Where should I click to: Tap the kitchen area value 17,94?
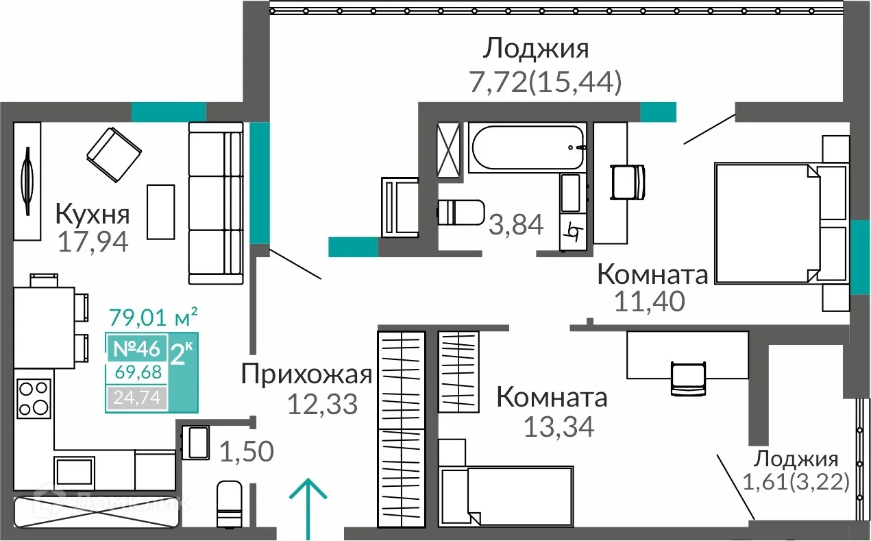(93, 242)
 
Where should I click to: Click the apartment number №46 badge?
(135, 348)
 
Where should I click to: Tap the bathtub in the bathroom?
(527, 147)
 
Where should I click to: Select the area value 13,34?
(558, 426)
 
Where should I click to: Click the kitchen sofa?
(215, 204)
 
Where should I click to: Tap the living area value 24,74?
(136, 397)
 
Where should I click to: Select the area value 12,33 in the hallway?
(323, 404)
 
